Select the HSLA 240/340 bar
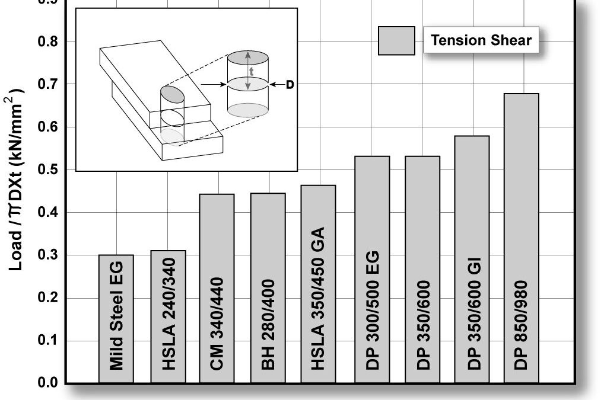pyautogui.click(x=168, y=316)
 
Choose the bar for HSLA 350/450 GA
pyautogui.click(x=318, y=284)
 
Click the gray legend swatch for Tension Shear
pyautogui.click(x=396, y=41)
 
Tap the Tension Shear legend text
pyautogui.click(x=481, y=41)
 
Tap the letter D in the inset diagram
pyautogui.click(x=290, y=85)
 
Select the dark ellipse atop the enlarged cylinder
pyautogui.click(x=248, y=57)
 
